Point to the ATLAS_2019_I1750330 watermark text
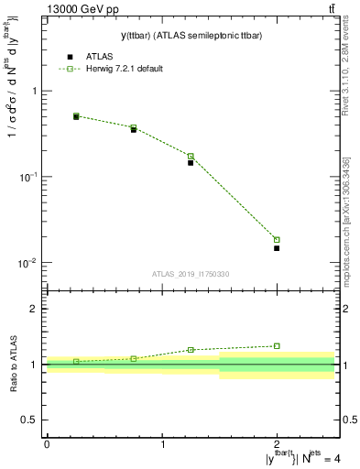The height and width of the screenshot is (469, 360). coord(190,274)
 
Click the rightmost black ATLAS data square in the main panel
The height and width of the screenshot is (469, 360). coord(277,248)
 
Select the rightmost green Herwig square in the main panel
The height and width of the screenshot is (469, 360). coord(277,240)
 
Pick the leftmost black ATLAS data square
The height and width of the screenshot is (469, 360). coord(76,117)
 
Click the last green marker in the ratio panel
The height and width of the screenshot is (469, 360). coord(277,346)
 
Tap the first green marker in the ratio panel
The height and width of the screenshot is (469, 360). coord(76,361)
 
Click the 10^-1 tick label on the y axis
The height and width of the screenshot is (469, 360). coord(29,177)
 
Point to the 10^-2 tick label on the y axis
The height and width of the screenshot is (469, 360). coord(29,263)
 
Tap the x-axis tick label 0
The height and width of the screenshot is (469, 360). coord(47,444)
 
